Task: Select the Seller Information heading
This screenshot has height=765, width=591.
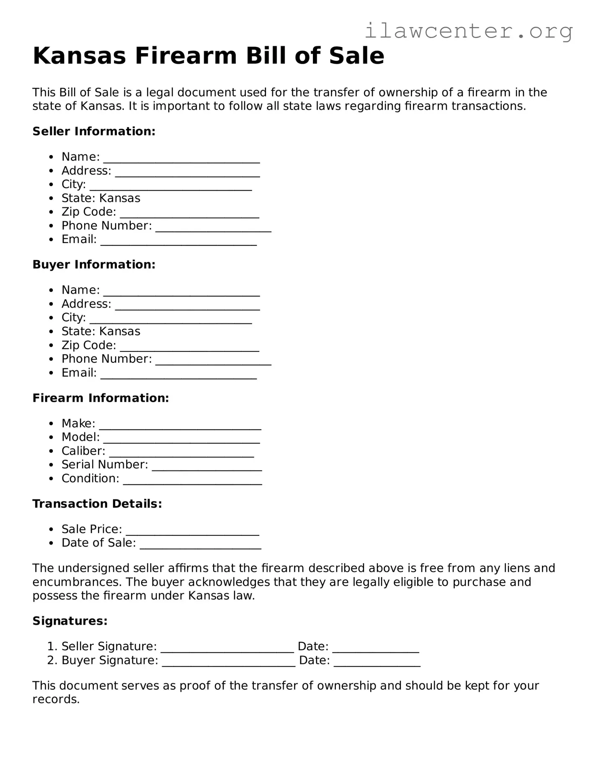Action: (94, 131)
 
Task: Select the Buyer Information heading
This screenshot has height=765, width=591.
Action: (94, 264)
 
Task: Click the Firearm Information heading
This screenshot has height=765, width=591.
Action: (101, 398)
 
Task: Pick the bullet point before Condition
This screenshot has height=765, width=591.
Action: (51, 479)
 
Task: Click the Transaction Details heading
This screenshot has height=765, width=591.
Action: (97, 503)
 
